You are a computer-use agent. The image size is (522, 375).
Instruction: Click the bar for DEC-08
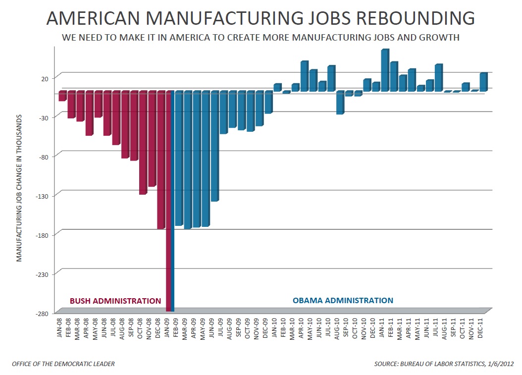click(x=161, y=160)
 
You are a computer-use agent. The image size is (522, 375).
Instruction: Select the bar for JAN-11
click(x=385, y=70)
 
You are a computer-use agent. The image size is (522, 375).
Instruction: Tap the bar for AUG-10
click(x=340, y=103)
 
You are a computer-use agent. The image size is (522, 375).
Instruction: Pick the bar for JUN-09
click(x=214, y=146)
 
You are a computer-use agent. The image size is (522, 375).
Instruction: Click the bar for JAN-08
click(x=62, y=96)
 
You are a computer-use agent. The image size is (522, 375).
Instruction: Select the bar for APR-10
click(x=305, y=76)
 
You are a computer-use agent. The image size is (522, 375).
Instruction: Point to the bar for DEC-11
click(x=483, y=82)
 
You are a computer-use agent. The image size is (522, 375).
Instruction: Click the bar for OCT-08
click(x=143, y=143)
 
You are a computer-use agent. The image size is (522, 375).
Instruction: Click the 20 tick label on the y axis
click(x=45, y=78)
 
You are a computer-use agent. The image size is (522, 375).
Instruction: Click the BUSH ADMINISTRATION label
click(x=115, y=301)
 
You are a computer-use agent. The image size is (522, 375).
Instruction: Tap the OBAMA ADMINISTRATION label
click(x=343, y=300)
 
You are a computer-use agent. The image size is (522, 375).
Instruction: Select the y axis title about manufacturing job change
click(x=19, y=188)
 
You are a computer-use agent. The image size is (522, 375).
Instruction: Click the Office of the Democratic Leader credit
click(x=63, y=364)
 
